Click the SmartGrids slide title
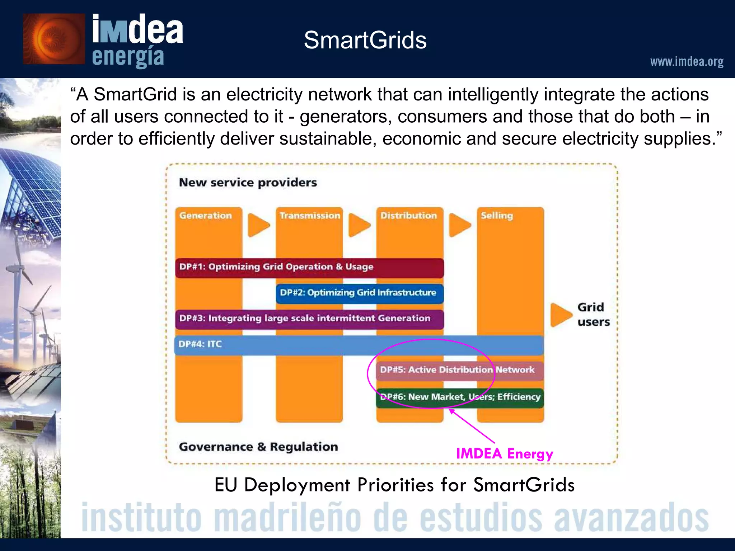click(x=365, y=40)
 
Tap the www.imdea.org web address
click(x=687, y=62)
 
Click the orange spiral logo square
click(x=54, y=39)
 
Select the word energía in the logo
click(x=128, y=57)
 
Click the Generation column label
click(x=206, y=216)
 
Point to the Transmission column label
click(x=310, y=216)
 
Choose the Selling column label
click(x=497, y=216)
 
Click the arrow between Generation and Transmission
click(x=258, y=225)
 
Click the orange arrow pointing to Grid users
click(x=561, y=315)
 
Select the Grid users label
click(x=593, y=314)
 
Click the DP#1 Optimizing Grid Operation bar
click(x=309, y=267)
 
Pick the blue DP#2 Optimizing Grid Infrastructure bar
click(x=359, y=293)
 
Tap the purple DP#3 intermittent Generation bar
click(x=309, y=319)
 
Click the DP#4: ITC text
click(x=200, y=344)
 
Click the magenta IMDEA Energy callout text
click(x=504, y=454)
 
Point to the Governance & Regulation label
click(x=258, y=447)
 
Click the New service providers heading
click(x=248, y=183)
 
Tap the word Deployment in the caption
click(x=297, y=485)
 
